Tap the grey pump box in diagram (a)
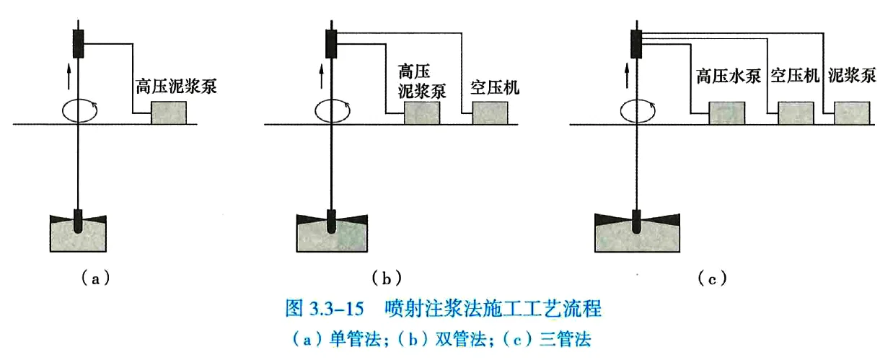(169, 113)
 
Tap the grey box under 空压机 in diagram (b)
(491, 113)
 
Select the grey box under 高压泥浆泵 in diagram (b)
(422, 113)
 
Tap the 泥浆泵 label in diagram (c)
(852, 76)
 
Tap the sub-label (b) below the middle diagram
(386, 277)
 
